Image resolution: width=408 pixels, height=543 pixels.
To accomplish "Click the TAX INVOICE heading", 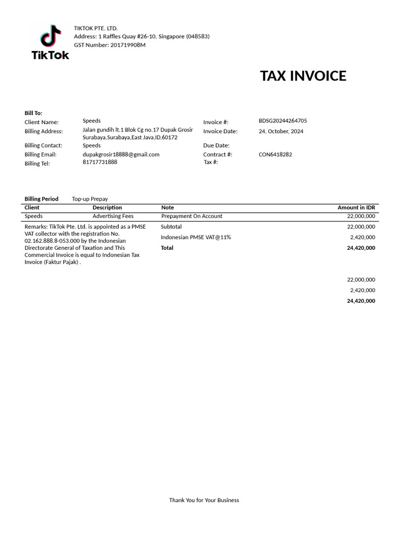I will point(303,76).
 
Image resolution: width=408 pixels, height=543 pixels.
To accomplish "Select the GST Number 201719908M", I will point(127,45).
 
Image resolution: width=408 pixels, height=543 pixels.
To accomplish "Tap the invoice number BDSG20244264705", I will point(283,121).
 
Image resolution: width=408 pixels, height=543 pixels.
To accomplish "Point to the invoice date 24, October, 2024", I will point(281,132).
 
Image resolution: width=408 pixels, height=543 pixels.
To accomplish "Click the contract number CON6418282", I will point(275,155).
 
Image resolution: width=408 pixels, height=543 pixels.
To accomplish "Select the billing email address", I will point(121,154).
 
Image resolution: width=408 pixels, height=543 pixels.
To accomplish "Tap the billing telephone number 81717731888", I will point(100,162).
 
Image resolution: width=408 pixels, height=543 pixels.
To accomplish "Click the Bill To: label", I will point(33,113).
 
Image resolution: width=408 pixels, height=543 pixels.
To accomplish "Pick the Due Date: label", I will point(216,145).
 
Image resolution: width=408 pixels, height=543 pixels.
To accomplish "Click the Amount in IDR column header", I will point(356,207).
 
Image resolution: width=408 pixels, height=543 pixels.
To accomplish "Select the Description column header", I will point(107,207).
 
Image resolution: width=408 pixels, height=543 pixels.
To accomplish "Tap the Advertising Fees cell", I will point(113,216).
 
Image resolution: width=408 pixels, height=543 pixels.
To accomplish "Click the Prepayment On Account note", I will point(192,216).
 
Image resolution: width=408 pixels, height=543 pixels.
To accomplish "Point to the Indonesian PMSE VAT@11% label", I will point(196,237).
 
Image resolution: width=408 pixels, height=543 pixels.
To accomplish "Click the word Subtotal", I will point(171,226).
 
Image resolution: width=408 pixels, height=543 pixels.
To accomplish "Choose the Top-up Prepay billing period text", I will point(90,199).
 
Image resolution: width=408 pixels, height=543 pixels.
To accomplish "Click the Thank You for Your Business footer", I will point(204,500).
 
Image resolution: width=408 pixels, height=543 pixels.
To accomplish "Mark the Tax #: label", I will point(211,162).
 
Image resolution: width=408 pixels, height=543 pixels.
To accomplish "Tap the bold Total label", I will point(167,248).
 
